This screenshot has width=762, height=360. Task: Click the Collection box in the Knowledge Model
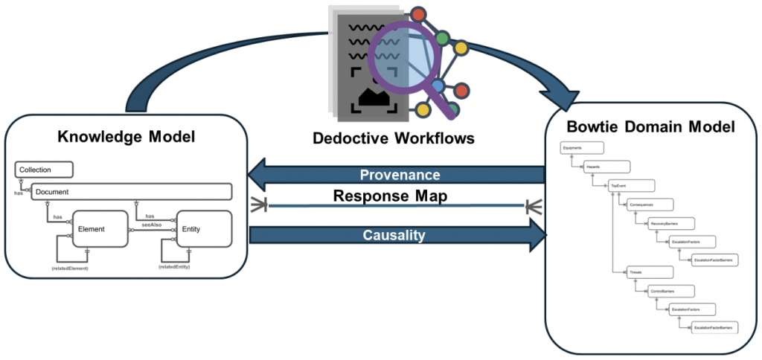click(44, 170)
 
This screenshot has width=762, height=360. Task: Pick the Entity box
click(203, 229)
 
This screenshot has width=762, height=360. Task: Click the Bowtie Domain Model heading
click(651, 127)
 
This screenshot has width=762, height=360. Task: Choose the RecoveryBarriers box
click(671, 222)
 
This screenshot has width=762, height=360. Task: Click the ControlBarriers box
click(671, 290)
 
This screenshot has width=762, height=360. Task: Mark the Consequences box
click(649, 204)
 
